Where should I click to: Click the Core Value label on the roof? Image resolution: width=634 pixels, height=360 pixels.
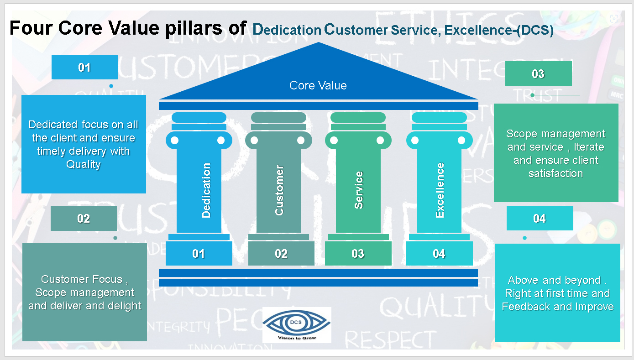point(318,85)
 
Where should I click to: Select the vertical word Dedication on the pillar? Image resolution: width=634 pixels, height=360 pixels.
point(206,190)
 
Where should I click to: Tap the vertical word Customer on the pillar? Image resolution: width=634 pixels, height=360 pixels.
point(279,190)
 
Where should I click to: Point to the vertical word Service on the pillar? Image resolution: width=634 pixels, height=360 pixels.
point(359,190)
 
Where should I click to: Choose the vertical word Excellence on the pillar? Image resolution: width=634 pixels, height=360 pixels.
point(440,190)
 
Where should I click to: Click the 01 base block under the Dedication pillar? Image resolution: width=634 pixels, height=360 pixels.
point(199,254)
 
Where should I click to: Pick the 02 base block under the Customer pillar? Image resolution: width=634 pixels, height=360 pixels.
point(281,254)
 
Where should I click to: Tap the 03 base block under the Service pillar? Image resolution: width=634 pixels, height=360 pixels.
point(358,254)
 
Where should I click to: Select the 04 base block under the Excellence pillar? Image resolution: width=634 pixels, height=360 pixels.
point(439,254)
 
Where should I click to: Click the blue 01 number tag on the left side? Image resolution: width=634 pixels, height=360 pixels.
point(84,68)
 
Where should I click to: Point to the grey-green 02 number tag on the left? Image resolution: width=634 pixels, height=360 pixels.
point(84,219)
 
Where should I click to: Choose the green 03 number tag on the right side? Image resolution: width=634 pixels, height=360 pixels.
point(538,74)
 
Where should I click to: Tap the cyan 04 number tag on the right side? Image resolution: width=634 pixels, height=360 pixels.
point(540,219)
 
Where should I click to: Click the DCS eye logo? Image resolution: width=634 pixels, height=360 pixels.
point(297,325)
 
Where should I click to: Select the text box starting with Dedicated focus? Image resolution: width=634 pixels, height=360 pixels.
point(84,144)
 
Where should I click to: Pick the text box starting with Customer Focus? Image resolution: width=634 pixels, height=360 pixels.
point(84,292)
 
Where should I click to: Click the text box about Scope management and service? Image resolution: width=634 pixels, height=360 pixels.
point(556,153)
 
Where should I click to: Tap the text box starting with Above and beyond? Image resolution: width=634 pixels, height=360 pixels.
point(557,293)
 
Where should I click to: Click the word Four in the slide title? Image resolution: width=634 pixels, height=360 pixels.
point(31,28)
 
